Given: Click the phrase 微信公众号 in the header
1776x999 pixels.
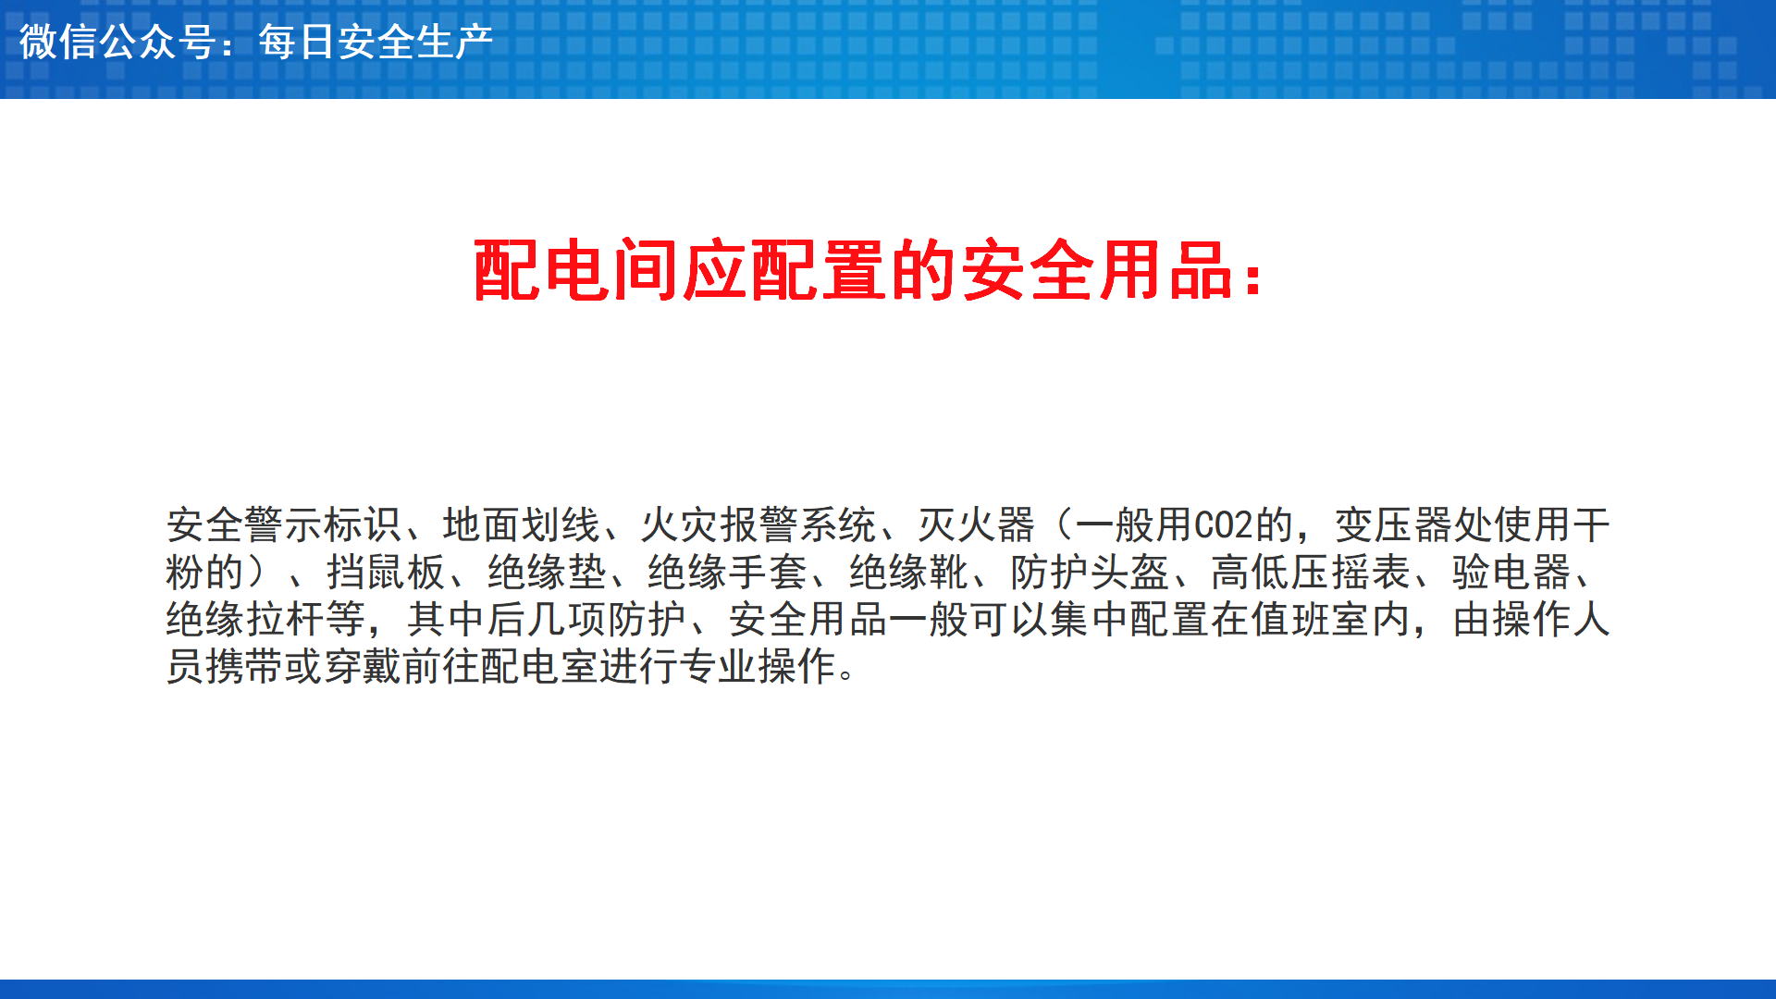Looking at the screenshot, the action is (117, 43).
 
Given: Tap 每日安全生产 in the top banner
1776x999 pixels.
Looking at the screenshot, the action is (376, 43).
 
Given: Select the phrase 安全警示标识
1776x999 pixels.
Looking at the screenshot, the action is (285, 525).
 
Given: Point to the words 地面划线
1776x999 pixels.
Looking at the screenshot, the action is (522, 525).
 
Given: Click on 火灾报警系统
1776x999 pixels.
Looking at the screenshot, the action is (758, 525).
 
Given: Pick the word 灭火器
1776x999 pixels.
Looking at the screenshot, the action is (977, 525).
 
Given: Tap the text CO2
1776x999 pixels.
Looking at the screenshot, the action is (1224, 525).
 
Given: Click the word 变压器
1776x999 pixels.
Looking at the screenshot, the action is (1394, 525).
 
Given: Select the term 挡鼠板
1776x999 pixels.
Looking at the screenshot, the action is (386, 573).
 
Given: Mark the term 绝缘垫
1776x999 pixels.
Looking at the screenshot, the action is (547, 573).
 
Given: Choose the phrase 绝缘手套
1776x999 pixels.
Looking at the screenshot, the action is (727, 573).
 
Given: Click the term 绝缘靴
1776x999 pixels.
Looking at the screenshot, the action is (908, 573).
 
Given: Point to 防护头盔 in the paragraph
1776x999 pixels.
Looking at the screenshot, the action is (1090, 573).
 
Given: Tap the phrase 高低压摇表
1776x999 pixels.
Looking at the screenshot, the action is (1311, 573).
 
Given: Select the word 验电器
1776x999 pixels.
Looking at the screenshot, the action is (1511, 573).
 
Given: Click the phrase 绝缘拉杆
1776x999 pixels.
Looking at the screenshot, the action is (245, 620).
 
